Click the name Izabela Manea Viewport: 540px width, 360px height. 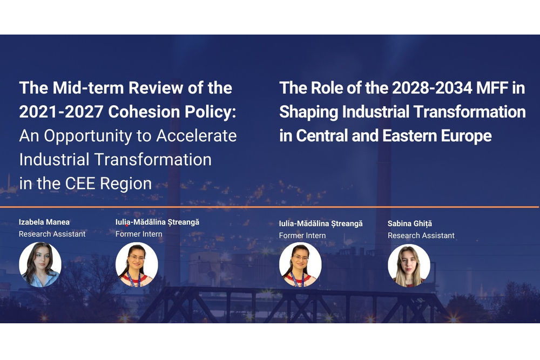coord(44,222)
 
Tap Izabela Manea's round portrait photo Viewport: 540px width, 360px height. coord(40,264)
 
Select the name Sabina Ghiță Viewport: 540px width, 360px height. coord(410,223)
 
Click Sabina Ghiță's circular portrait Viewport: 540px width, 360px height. coord(409,265)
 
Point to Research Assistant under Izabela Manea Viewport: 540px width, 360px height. coord(52,234)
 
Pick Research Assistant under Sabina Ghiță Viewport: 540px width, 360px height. coord(421,235)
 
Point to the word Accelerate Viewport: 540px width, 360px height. coord(197,135)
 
